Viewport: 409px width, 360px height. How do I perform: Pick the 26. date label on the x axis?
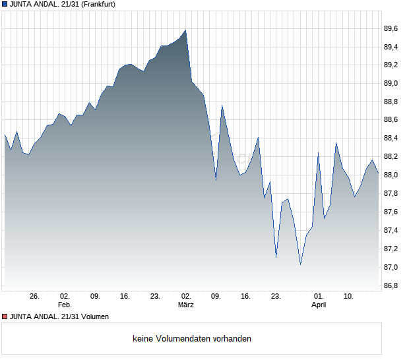click(x=35, y=297)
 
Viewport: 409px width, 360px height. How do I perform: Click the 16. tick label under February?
click(x=125, y=297)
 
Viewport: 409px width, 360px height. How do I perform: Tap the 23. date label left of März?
click(x=156, y=297)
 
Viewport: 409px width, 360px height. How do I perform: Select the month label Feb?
click(x=64, y=305)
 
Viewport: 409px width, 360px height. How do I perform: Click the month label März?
click(x=186, y=305)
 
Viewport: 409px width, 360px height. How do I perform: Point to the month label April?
click(x=319, y=305)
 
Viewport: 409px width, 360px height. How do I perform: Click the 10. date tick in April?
click(x=350, y=297)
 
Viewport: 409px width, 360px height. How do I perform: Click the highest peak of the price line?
click(x=186, y=30)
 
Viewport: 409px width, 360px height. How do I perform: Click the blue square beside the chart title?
click(x=4, y=4)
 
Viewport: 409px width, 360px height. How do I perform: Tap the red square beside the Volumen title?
click(x=4, y=316)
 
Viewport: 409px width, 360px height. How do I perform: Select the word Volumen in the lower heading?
click(x=93, y=316)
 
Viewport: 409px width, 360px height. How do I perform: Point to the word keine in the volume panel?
click(x=143, y=339)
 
